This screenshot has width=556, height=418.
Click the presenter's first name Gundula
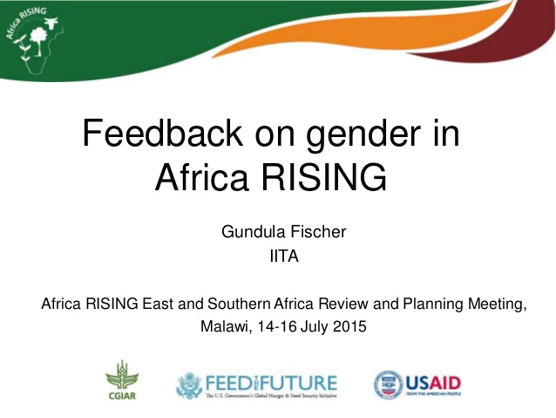pyautogui.click(x=252, y=233)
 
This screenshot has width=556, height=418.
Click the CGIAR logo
pyautogui.click(x=122, y=380)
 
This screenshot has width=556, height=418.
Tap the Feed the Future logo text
pyautogui.click(x=269, y=382)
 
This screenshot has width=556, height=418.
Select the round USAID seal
pyautogui.click(x=389, y=384)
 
